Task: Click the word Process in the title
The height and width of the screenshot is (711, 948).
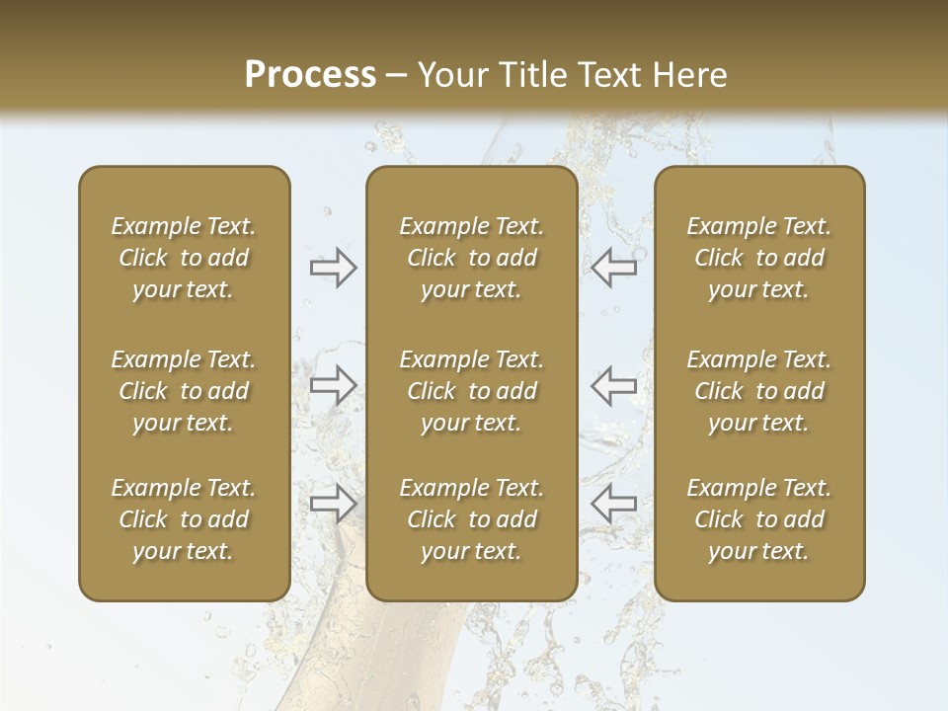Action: (310, 75)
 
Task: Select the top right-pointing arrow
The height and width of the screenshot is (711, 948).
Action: (333, 268)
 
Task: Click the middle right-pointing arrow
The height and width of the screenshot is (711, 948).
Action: (333, 385)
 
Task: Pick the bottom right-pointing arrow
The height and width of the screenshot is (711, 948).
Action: (333, 503)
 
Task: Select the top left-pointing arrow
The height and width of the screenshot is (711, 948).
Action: (613, 268)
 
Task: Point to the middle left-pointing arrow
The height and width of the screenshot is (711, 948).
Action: (613, 385)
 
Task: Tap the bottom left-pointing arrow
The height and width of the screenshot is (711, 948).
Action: (613, 503)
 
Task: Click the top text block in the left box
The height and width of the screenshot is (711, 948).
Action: (184, 258)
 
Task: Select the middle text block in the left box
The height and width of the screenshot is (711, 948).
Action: (184, 391)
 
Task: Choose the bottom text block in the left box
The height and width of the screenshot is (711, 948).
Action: (184, 519)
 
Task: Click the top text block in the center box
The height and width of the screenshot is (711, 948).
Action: (472, 258)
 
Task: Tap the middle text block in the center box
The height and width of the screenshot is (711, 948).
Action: (472, 391)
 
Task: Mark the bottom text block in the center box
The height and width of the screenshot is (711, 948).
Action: (472, 519)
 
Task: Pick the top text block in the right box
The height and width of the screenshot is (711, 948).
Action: (759, 258)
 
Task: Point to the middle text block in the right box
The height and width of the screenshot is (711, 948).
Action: (759, 391)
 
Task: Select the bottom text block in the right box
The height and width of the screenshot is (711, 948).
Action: (759, 519)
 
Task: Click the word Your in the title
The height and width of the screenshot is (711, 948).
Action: (451, 75)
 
